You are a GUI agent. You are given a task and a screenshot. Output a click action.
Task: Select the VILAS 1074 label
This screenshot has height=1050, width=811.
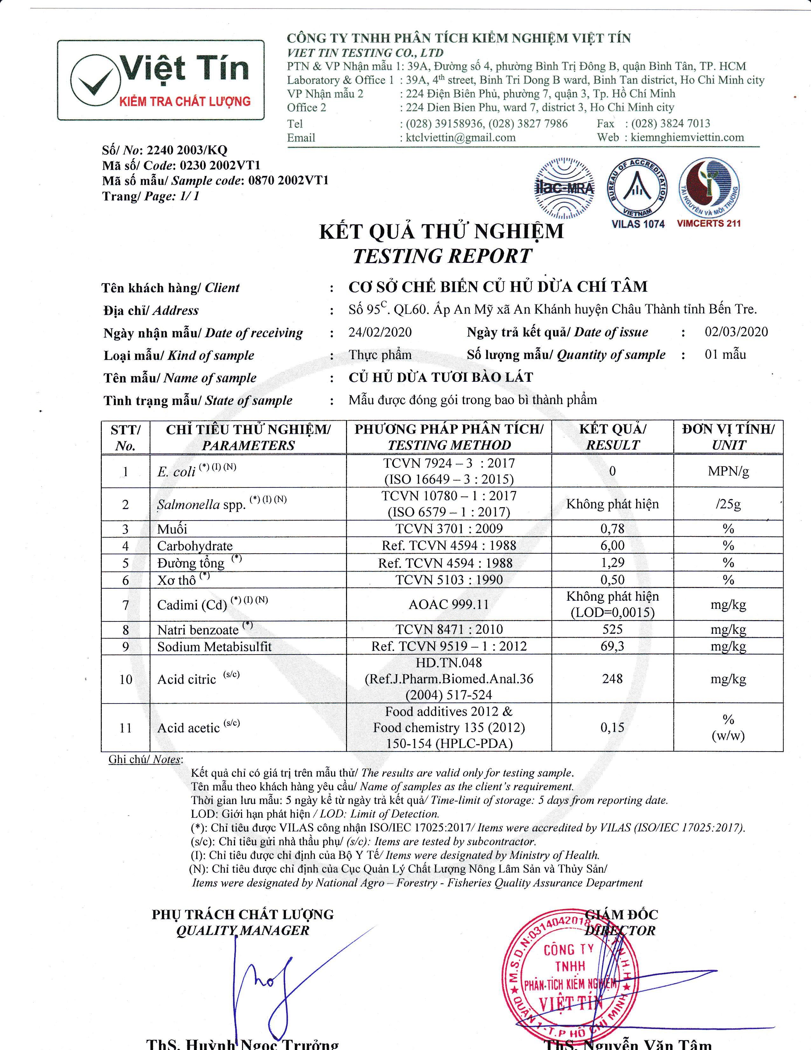tap(638, 224)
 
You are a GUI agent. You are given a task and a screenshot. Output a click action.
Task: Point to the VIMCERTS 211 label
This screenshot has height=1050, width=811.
tap(709, 224)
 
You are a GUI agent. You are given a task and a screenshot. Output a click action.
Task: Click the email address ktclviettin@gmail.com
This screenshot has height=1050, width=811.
tap(460, 137)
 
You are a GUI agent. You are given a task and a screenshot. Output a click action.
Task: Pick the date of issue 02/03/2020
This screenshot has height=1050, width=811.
tap(736, 332)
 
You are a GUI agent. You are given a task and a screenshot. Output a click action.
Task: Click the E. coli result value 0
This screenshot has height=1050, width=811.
tap(612, 471)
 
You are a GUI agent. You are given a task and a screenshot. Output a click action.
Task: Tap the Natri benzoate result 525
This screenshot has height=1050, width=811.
tap(612, 629)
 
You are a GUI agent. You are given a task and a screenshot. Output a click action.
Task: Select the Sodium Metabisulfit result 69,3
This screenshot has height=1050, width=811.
tap(612, 646)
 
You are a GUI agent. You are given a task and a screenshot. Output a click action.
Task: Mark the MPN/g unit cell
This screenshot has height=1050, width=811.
tap(728, 471)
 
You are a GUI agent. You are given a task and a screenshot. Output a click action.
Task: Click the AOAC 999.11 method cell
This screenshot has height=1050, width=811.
tap(449, 604)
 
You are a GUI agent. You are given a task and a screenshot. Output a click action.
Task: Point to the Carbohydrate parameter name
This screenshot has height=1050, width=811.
tap(195, 546)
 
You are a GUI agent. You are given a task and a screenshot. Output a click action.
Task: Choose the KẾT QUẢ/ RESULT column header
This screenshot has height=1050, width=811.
tap(612, 437)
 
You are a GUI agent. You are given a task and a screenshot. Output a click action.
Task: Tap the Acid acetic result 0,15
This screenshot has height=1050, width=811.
tap(612, 727)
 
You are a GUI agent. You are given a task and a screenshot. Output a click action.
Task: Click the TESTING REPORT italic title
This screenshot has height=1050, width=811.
tap(442, 256)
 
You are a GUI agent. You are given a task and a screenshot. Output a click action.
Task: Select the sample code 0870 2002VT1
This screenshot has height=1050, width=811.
tap(288, 181)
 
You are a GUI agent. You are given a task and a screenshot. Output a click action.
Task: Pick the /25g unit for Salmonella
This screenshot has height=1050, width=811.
tap(728, 504)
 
